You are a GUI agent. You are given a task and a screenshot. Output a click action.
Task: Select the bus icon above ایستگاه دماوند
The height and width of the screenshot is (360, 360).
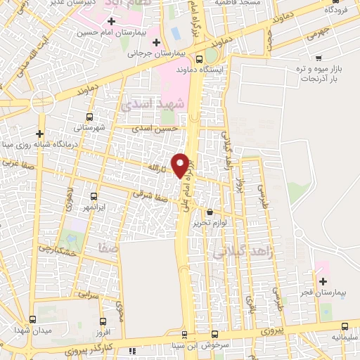[x=199, y=59]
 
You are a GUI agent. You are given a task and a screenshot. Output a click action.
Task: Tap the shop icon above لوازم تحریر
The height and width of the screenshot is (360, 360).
[x=210, y=212]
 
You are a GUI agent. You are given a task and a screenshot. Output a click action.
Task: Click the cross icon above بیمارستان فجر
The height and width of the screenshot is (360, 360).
[x=323, y=281]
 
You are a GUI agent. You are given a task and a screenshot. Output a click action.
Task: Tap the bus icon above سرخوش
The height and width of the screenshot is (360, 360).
[x=215, y=335]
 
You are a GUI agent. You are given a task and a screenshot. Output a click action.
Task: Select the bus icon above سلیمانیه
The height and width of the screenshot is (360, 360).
[x=345, y=326]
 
